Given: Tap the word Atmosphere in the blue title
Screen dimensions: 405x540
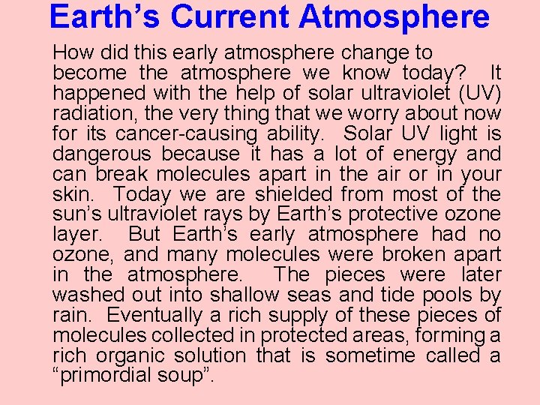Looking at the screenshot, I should pyautogui.click(x=394, y=16).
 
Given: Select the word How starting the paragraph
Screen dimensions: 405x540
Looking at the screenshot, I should pyautogui.click(x=71, y=53).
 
